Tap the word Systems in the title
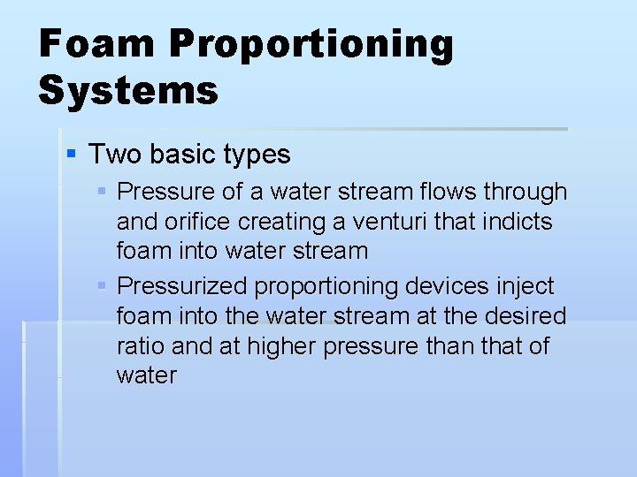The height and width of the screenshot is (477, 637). click(128, 91)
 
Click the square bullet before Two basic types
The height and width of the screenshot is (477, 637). click(73, 155)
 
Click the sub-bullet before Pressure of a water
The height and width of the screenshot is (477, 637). click(104, 192)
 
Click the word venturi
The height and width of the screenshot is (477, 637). click(389, 222)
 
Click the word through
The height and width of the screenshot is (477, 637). click(526, 193)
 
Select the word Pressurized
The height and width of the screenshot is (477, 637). click(182, 287)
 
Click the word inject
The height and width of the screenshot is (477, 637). click(529, 287)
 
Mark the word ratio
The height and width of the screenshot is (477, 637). click(139, 346)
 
